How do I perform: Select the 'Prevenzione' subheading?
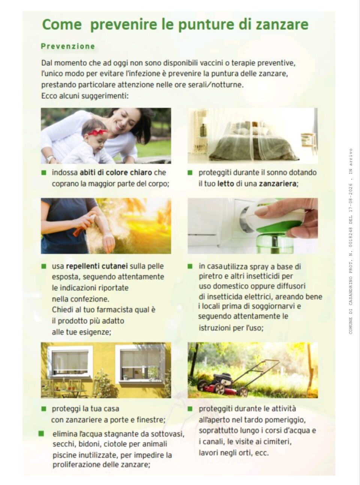(x=68, y=47)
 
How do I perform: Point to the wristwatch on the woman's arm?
(x=50, y=159)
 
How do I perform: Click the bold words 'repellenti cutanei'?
(x=97, y=266)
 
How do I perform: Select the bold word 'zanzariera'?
(x=277, y=183)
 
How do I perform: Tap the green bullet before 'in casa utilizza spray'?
(x=190, y=266)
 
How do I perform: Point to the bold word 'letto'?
(x=226, y=183)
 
